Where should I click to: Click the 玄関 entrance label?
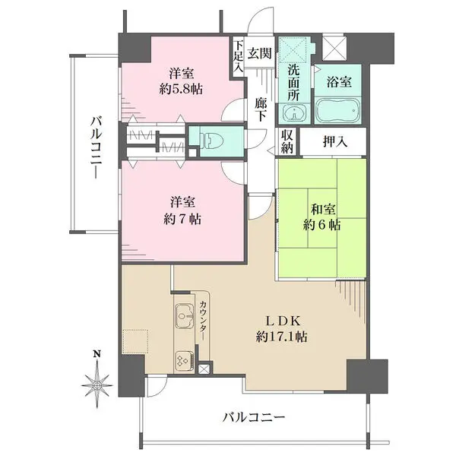pyautogui.click(x=259, y=53)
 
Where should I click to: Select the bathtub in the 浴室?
pyautogui.click(x=338, y=110)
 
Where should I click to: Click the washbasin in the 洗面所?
pyautogui.click(x=294, y=112)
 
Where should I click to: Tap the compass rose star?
pyautogui.click(x=97, y=385)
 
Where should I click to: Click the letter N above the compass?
pyautogui.click(x=97, y=354)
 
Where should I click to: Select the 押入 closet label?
pyautogui.click(x=335, y=141)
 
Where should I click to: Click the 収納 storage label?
pyautogui.click(x=287, y=141)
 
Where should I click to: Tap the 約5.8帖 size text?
pyautogui.click(x=181, y=89)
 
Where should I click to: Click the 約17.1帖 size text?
pyautogui.click(x=281, y=337)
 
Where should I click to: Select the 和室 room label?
pyautogui.click(x=323, y=210)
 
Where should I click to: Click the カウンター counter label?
pyautogui.click(x=204, y=321)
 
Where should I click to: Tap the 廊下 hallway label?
pyautogui.click(x=261, y=109)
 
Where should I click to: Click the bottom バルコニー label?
pyautogui.click(x=254, y=418)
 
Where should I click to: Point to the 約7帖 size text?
pyautogui.click(x=182, y=220)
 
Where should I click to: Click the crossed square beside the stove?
pyautogui.click(x=203, y=369)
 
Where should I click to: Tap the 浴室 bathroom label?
pyautogui.click(x=339, y=82)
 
